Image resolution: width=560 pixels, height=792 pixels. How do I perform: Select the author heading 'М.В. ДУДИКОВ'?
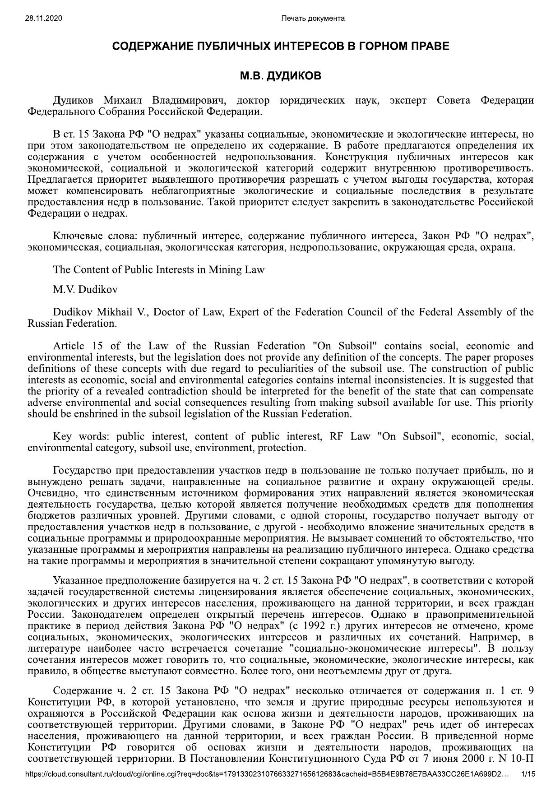click(x=280, y=76)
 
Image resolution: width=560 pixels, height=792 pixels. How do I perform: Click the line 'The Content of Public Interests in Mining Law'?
click(x=158, y=270)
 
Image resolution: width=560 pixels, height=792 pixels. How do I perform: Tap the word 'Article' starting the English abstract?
click(x=68, y=346)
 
